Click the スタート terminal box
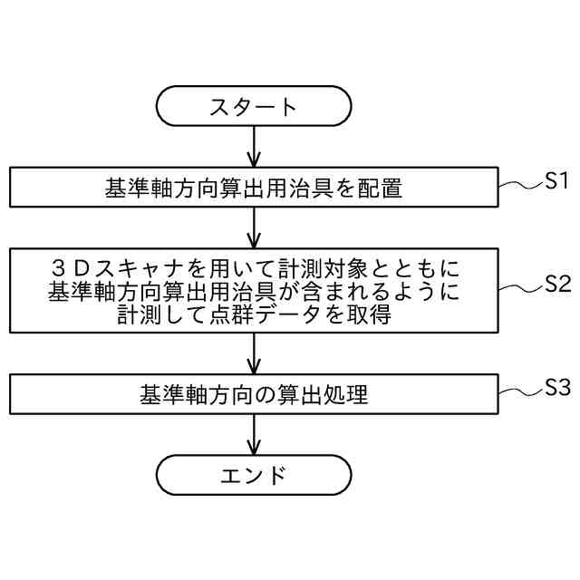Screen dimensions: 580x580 click(x=254, y=106)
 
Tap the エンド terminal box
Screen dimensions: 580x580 click(x=254, y=475)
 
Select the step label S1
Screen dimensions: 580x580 click(x=556, y=180)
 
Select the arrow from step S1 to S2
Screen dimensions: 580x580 click(x=254, y=227)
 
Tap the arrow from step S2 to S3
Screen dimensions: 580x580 click(x=254, y=354)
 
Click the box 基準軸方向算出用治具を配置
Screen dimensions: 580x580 click(x=254, y=188)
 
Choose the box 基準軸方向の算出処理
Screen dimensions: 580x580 click(x=254, y=395)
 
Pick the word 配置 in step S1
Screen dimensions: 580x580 click(x=380, y=188)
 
